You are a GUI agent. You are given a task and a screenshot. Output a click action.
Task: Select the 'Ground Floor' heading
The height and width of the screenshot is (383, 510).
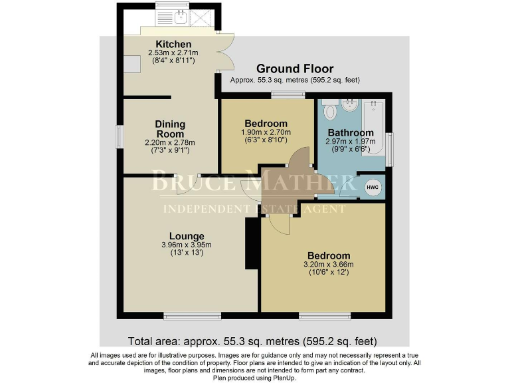tap(294, 68)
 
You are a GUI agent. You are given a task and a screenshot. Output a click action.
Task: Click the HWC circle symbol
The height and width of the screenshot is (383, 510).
tap(373, 187)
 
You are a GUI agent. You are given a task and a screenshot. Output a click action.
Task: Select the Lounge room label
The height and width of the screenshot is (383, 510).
tap(186, 236)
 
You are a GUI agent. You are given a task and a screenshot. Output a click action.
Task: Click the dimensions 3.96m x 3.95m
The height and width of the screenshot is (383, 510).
tap(186, 245)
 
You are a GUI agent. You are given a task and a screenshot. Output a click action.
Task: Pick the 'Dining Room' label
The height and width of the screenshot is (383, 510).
tap(170, 129)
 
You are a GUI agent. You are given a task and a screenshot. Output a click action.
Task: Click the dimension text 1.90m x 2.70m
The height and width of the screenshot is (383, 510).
tap(266, 132)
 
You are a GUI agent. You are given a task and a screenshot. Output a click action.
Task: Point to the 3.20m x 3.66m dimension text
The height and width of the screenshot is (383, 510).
tap(328, 265)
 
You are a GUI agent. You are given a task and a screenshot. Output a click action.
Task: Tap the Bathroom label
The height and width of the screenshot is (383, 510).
tap(349, 133)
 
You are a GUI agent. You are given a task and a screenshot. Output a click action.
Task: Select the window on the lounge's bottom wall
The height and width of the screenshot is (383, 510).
tap(183, 315)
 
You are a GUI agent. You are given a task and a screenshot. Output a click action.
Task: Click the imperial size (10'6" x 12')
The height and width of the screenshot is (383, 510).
tap(328, 273)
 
